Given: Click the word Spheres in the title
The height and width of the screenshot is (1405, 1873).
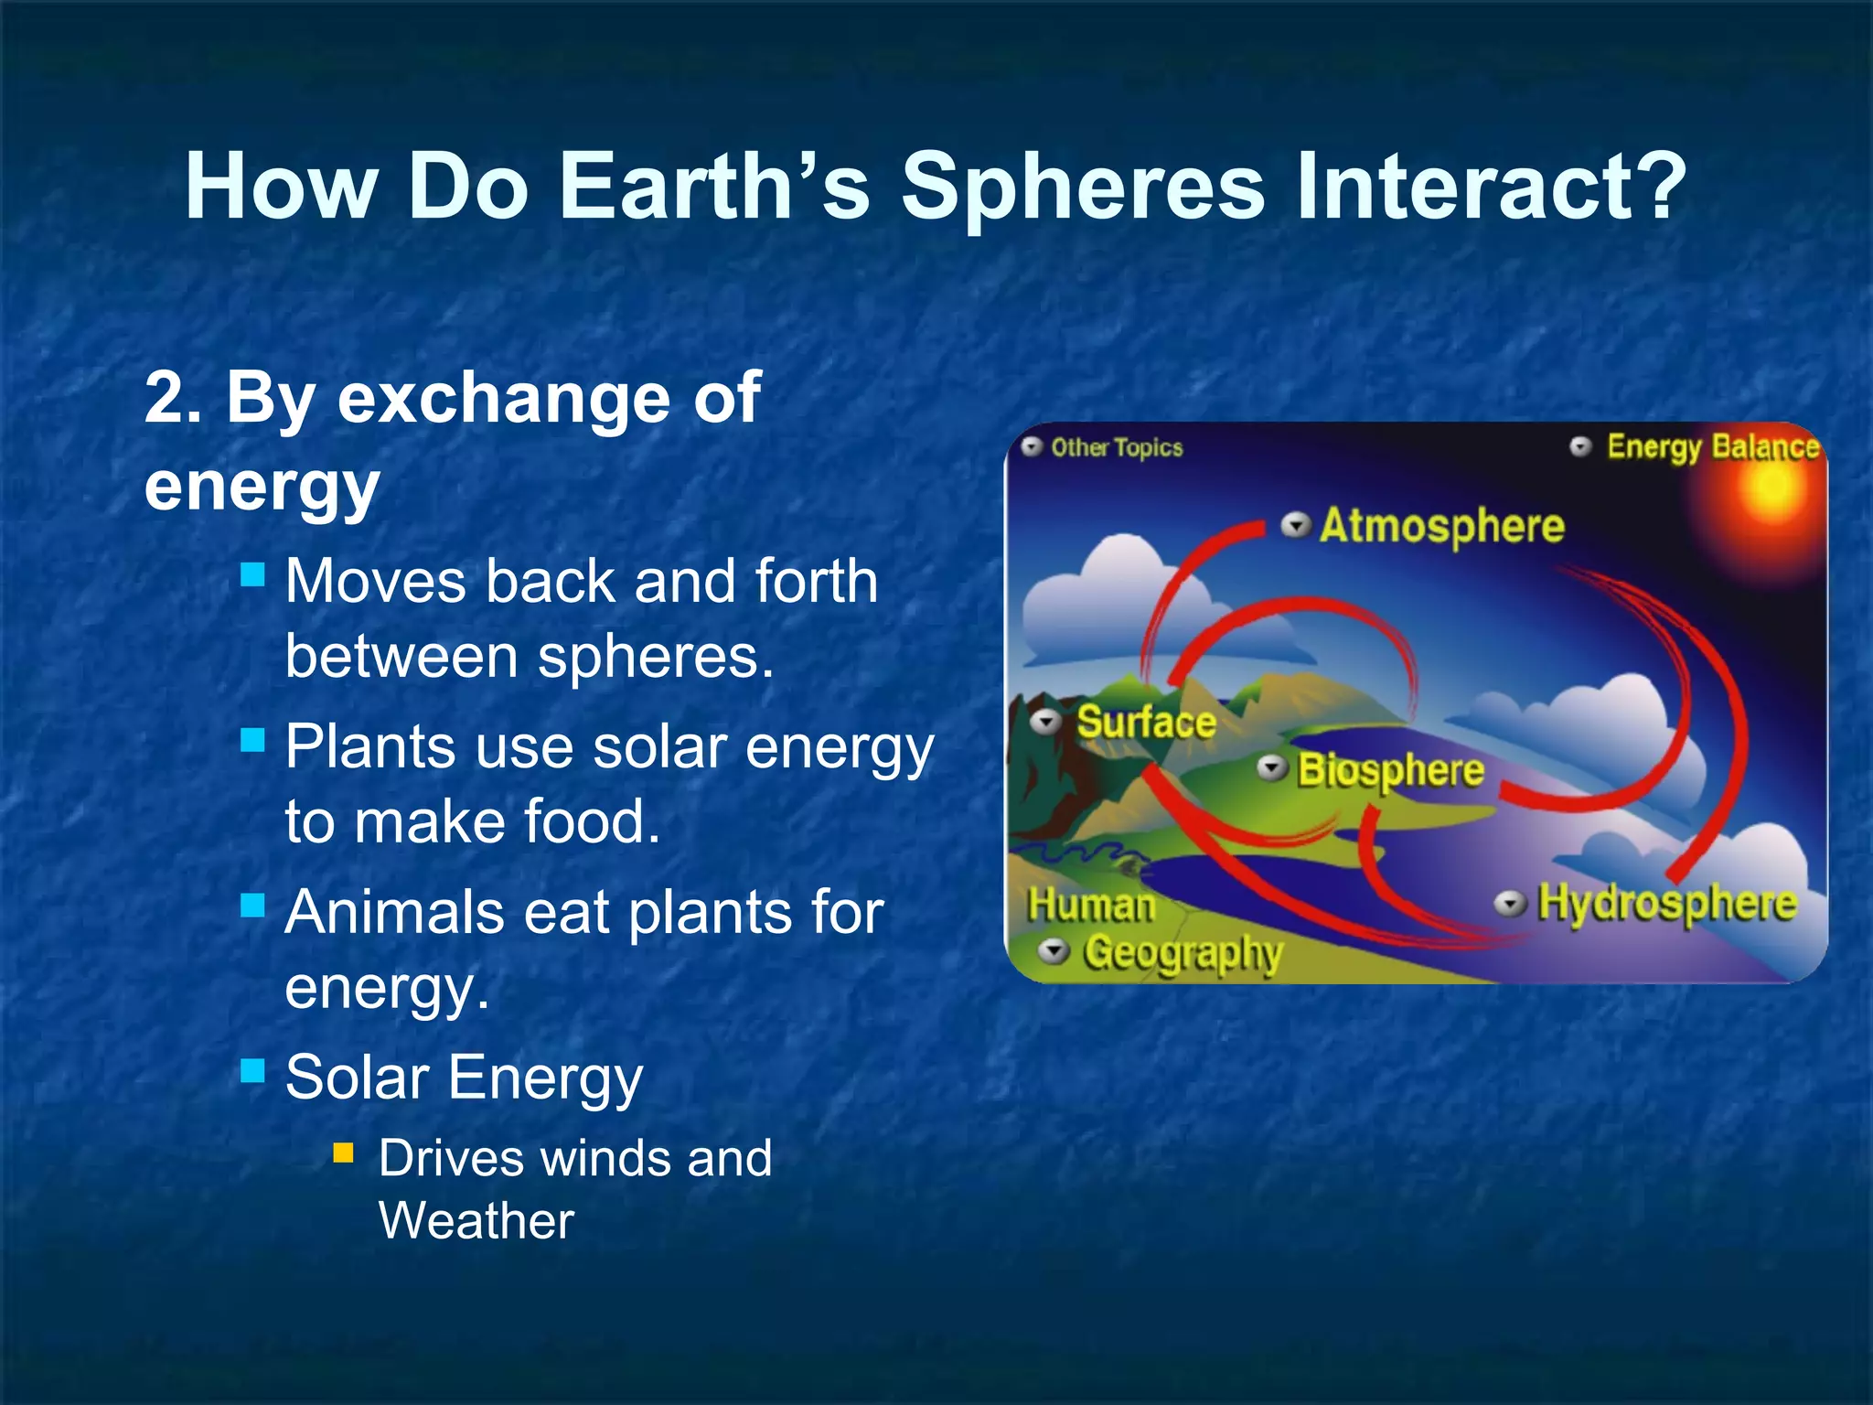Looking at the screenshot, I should pos(1085,187).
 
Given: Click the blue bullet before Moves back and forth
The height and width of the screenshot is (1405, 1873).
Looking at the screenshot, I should pos(252,575).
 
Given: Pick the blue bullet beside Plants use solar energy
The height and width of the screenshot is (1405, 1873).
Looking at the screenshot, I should pos(252,739).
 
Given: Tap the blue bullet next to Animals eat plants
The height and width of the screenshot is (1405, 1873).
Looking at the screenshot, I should pos(252,906).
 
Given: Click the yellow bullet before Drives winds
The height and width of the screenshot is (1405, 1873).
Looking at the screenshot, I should pos(343,1153).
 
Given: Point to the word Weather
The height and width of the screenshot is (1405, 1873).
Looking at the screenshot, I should pos(476,1220).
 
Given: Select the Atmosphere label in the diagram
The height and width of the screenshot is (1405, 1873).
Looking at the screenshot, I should pos(1441,526).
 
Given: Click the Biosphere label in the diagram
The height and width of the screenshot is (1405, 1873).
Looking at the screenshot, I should pos(1390,770).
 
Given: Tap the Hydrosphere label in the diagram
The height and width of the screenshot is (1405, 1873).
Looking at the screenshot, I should pos(1666,903).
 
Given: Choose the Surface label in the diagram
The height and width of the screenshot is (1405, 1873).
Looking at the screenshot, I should pos(1146,722).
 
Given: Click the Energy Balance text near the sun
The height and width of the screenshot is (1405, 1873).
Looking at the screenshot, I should pos(1712,446).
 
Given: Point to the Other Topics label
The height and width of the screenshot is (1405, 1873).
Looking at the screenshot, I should pos(1116,447).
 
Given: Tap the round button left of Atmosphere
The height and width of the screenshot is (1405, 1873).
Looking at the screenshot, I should pos(1295,526).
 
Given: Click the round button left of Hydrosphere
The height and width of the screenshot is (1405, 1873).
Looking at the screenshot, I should pos(1509,904).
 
